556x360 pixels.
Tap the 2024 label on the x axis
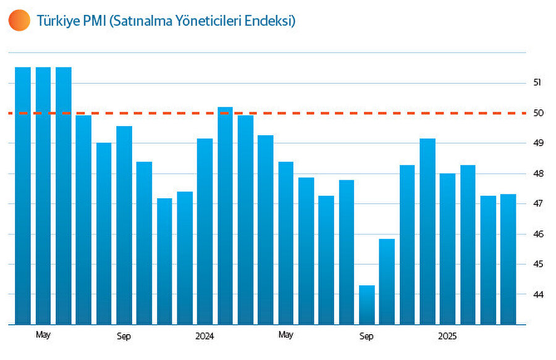(204, 336)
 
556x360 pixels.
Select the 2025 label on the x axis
(447, 336)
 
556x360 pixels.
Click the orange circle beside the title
(19, 20)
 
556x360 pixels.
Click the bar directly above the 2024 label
(204, 232)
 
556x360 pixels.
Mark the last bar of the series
(508, 259)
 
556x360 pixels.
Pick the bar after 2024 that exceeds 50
(225, 216)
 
